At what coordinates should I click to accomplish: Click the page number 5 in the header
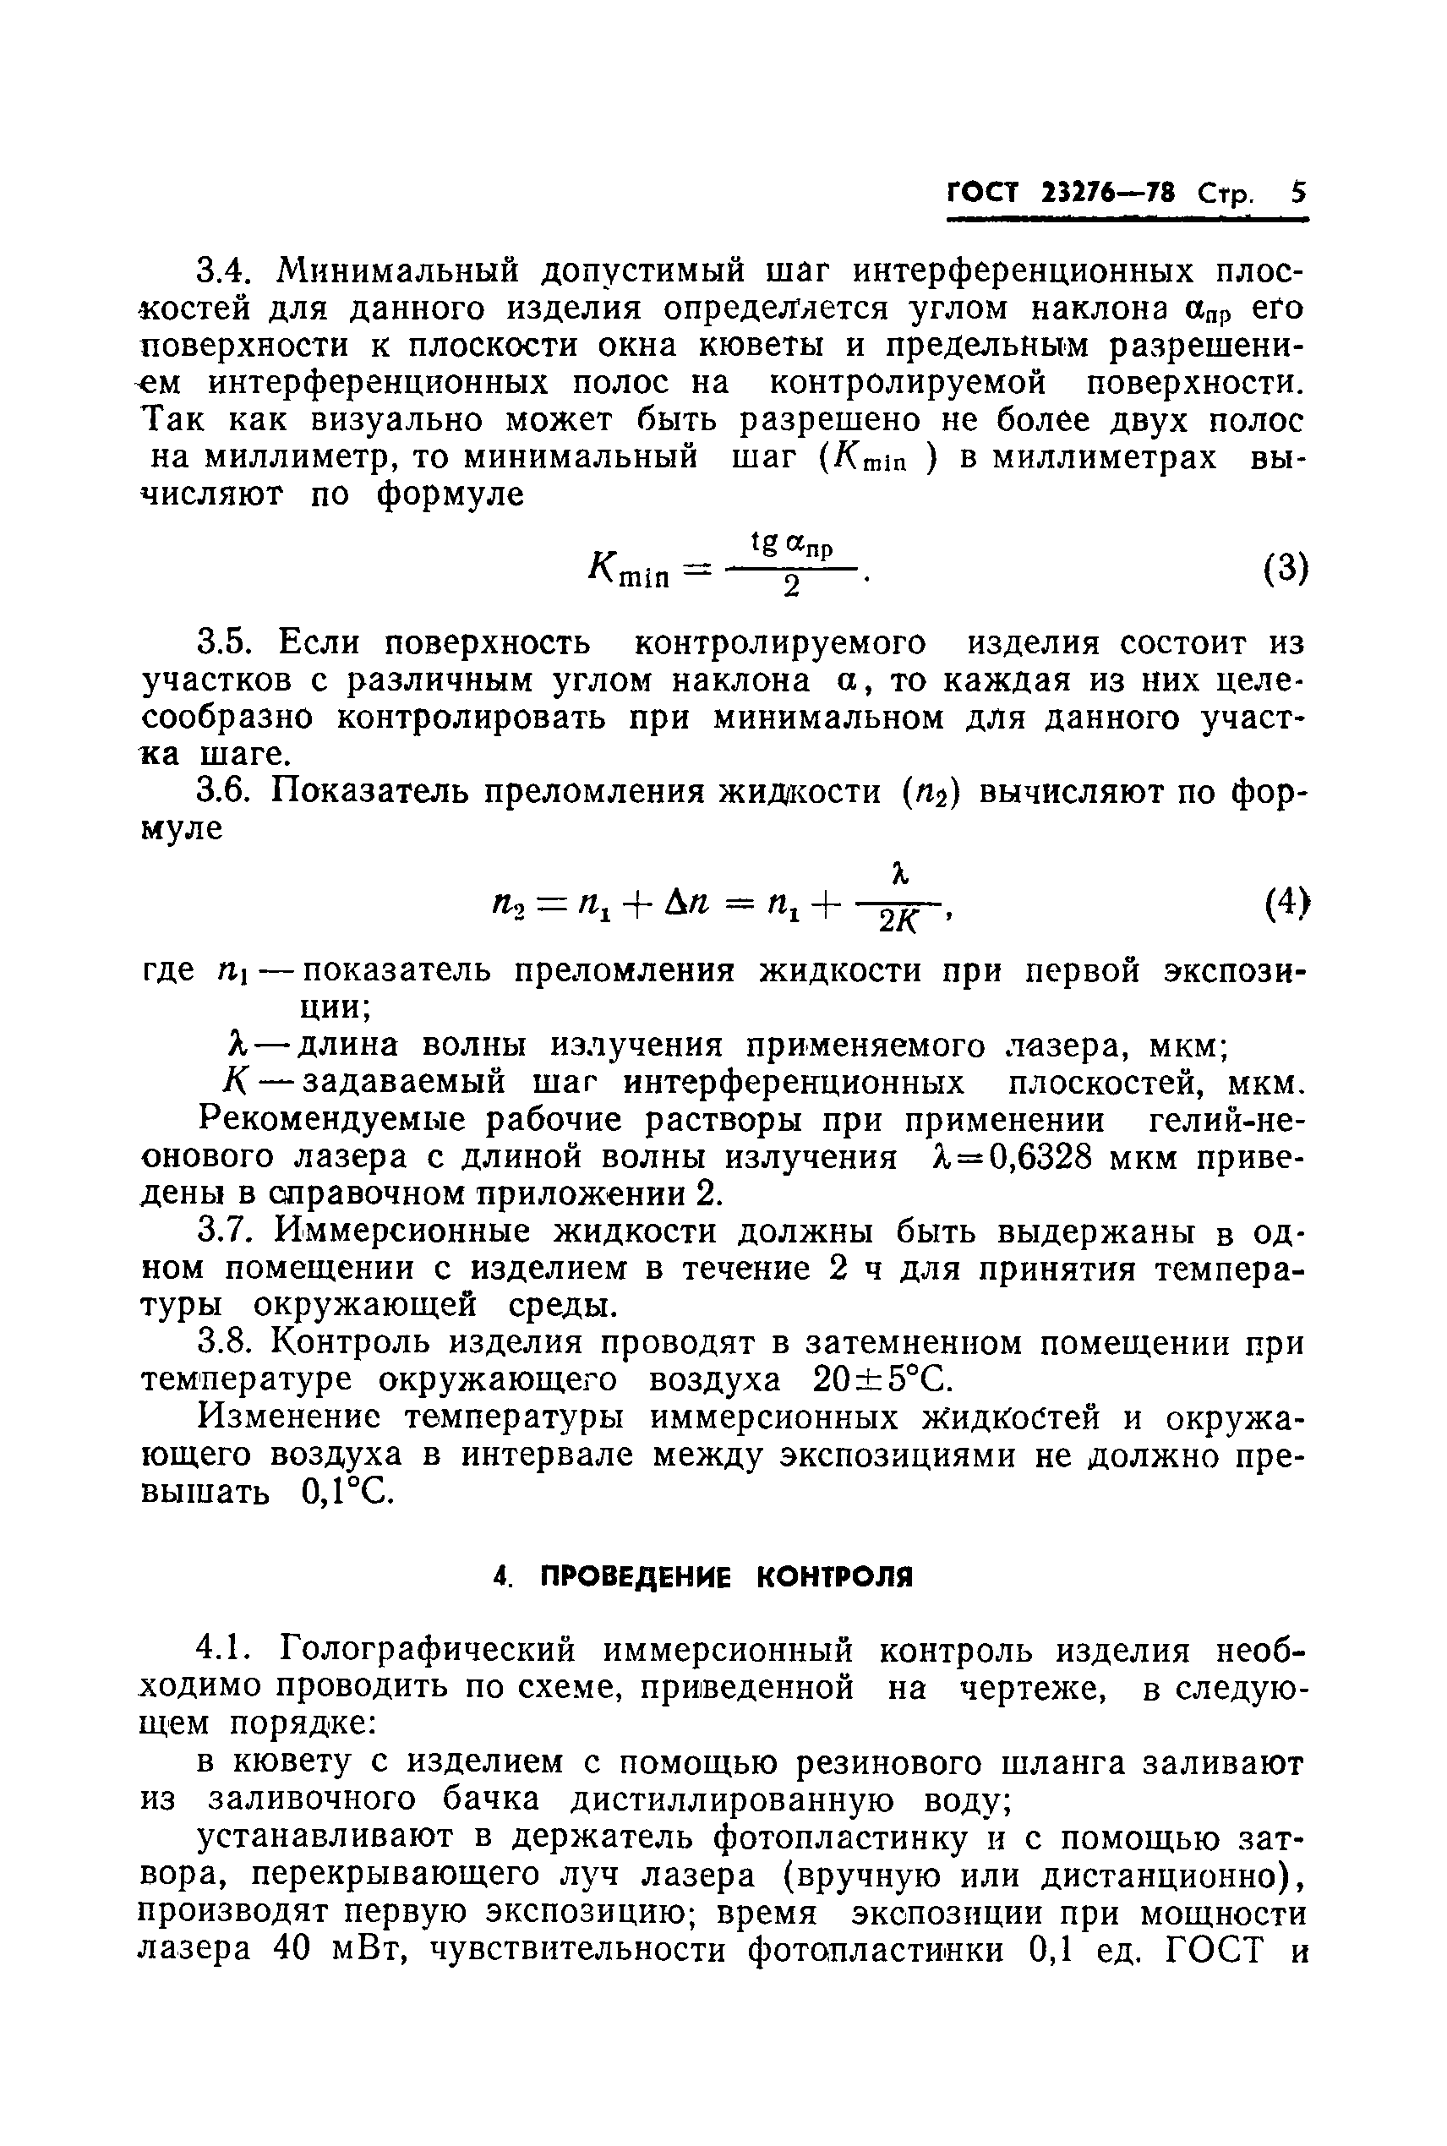1298,194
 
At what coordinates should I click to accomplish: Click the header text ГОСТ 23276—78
1062,194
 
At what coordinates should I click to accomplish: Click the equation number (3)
1286,568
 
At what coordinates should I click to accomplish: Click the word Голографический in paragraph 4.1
428,1650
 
